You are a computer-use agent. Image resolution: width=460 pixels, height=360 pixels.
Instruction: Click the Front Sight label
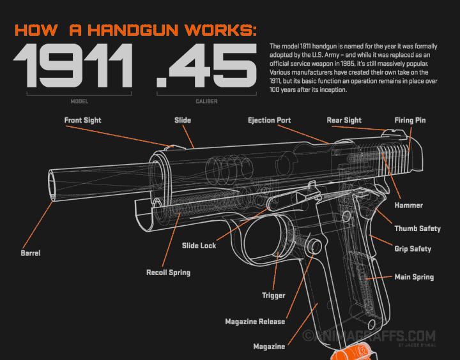[x=82, y=120]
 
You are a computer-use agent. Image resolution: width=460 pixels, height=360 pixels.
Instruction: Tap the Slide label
[x=183, y=120]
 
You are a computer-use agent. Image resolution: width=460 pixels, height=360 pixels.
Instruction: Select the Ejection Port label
[x=270, y=120]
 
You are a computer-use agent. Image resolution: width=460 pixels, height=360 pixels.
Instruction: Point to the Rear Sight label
[x=344, y=120]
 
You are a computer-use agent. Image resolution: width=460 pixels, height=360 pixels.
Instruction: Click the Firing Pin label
[x=410, y=120]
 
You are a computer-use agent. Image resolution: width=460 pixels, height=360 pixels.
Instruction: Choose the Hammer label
[x=408, y=206]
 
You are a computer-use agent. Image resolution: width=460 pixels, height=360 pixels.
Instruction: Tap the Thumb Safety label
[x=417, y=229]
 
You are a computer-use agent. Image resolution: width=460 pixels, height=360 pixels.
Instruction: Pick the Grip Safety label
[x=413, y=249]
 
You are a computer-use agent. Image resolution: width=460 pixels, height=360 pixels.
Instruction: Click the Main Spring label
[x=414, y=277]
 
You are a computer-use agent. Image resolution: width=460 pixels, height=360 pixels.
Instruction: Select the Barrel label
[x=30, y=253]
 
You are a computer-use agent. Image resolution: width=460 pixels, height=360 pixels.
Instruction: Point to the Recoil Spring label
[x=168, y=273]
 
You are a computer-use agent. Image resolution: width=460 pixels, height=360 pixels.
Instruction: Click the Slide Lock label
[x=199, y=246]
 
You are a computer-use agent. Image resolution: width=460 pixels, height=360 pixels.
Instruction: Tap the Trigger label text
[x=273, y=296]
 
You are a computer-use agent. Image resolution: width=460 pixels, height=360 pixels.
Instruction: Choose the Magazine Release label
[x=255, y=322]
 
